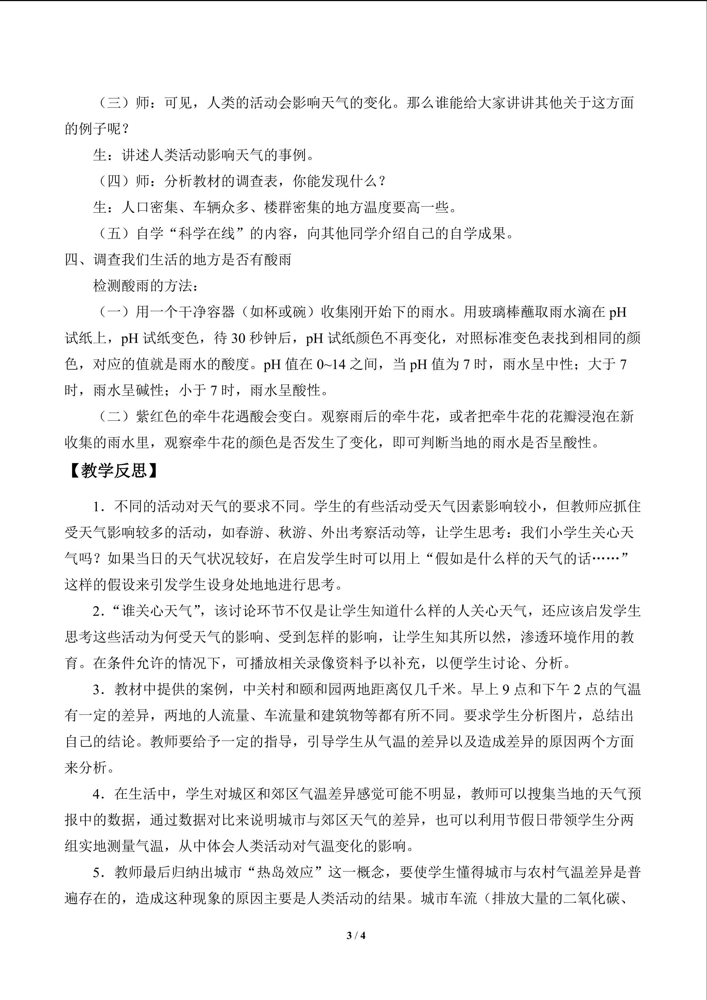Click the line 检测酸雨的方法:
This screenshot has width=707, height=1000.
pos(146,286)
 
